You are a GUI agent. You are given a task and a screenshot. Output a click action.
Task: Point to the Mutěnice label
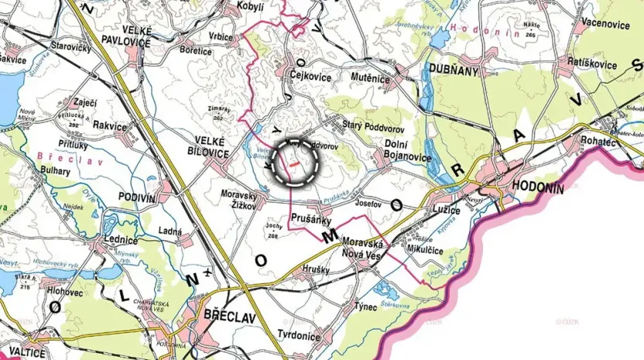coord(369,78)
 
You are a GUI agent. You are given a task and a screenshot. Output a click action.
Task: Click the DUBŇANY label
coord(455,70)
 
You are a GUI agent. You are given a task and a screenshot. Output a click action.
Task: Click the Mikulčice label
coord(440,249)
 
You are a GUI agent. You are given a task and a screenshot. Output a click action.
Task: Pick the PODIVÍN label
coord(137,197)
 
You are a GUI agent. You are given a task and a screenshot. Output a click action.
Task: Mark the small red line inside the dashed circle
coord(294,164)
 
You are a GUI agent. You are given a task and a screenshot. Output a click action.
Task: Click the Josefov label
coord(368,205)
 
